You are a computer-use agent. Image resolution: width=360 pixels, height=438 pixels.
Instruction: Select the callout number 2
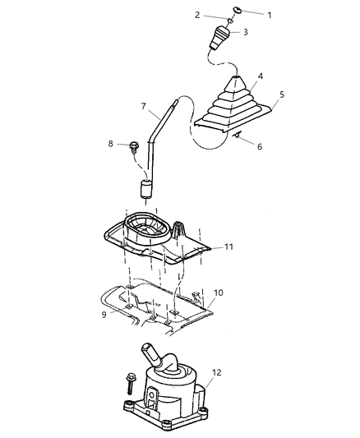(x=197, y=15)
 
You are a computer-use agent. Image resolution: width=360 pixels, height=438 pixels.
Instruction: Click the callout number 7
(x=143, y=107)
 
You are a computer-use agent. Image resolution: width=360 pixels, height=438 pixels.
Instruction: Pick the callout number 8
(x=111, y=144)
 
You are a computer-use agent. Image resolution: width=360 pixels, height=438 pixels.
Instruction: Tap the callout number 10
(x=219, y=292)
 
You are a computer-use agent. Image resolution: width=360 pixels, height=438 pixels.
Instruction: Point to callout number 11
(x=229, y=246)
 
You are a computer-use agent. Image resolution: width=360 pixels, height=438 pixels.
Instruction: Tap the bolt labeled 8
(x=132, y=148)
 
